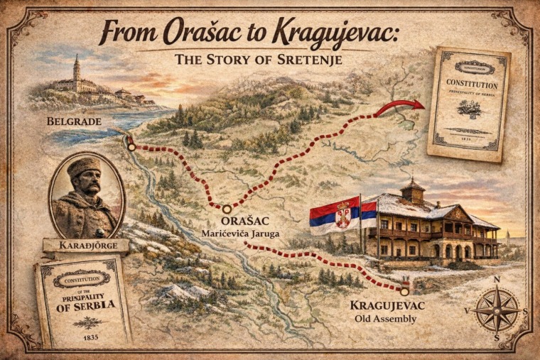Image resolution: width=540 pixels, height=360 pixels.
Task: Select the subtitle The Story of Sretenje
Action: [259, 59]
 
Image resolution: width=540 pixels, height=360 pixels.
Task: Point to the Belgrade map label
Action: [75, 121]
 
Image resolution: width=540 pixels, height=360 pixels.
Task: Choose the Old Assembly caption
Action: [385, 319]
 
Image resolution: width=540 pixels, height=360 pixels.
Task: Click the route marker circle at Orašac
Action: [227, 209]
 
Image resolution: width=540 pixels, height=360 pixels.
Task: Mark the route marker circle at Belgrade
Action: [131, 147]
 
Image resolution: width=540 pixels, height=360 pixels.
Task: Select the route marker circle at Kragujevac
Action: [404, 290]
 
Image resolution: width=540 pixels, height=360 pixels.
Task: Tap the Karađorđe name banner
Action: [86, 246]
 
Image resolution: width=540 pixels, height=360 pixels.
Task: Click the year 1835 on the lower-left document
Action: [90, 337]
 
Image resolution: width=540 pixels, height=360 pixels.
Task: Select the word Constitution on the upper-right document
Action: [472, 84]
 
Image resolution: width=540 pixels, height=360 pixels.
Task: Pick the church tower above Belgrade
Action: [76, 68]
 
